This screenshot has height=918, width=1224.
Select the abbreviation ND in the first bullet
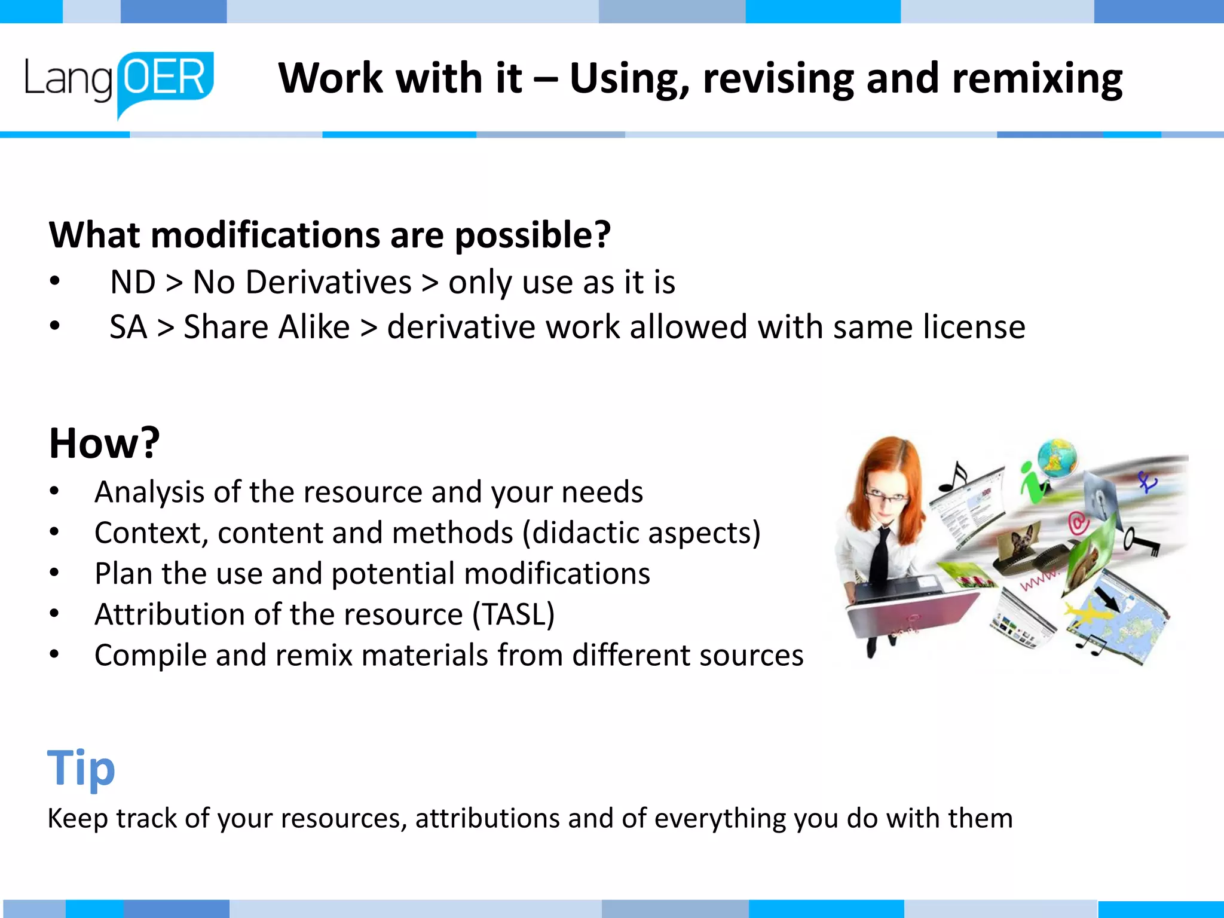pos(133,282)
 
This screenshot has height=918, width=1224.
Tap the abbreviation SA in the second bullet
pos(128,328)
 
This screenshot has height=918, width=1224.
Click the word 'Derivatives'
pos(328,282)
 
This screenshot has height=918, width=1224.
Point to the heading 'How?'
pos(105,443)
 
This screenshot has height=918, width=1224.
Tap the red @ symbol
pos(1078,524)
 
